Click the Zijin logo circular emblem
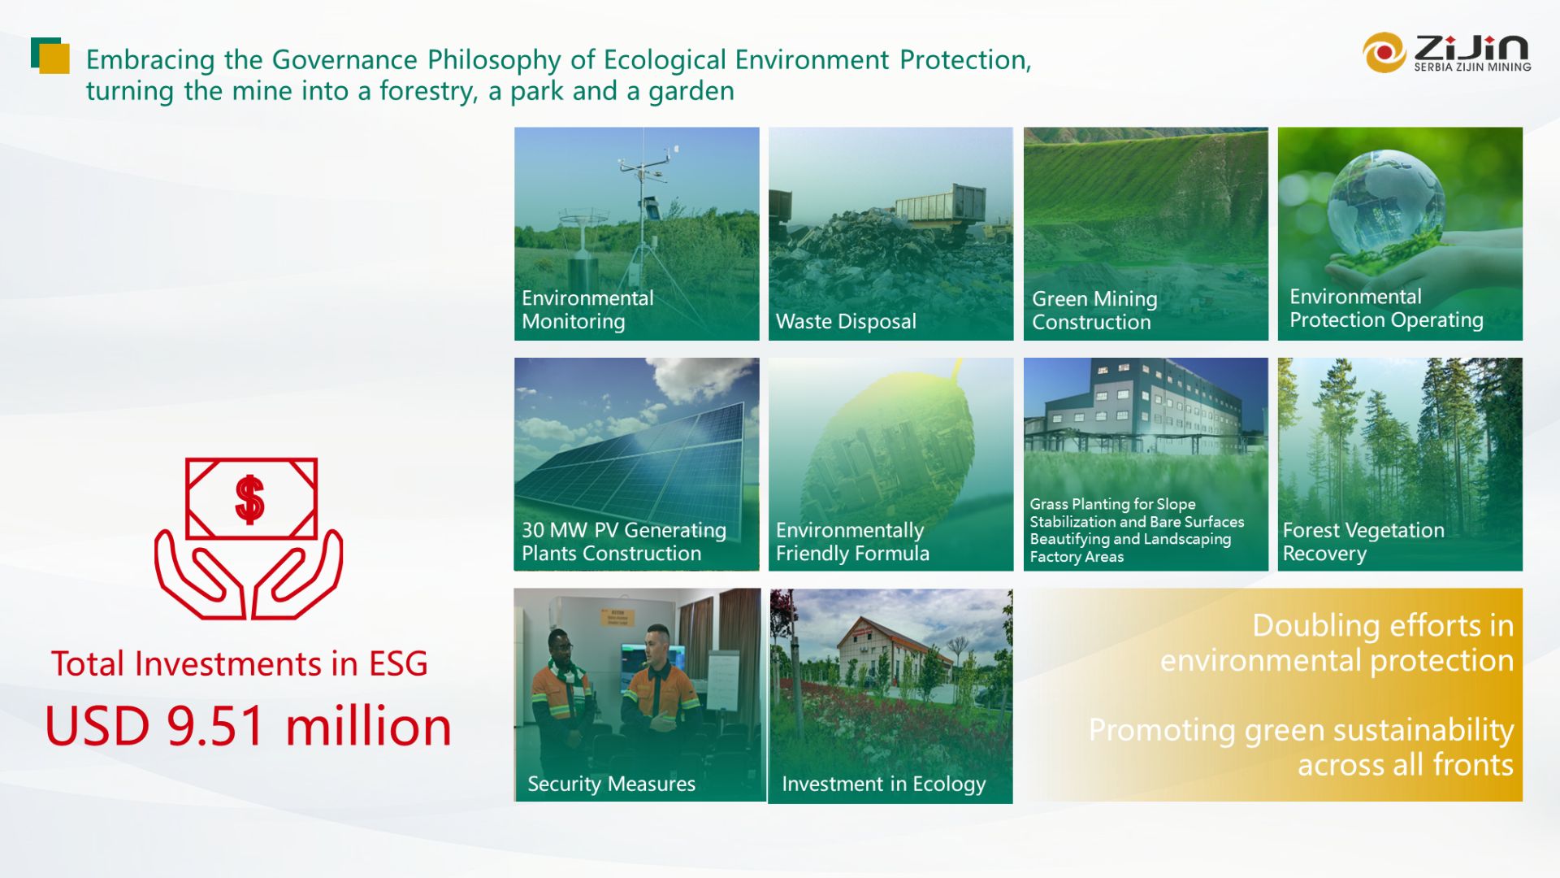pyautogui.click(x=1384, y=53)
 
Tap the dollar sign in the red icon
pyautogui.click(x=249, y=498)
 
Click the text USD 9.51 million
pyautogui.click(x=248, y=726)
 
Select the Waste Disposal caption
pyautogui.click(x=846, y=321)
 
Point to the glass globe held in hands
pyautogui.click(x=1385, y=203)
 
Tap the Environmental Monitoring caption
pyautogui.click(x=587, y=309)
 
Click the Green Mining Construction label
pyautogui.click(x=1094, y=311)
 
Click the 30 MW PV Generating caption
pyautogui.click(x=623, y=530)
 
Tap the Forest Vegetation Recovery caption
pyautogui.click(x=1363, y=541)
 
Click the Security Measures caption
pyautogui.click(x=611, y=784)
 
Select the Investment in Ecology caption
pyautogui.click(x=883, y=784)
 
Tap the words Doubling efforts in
pyautogui.click(x=1382, y=625)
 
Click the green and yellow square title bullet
pyautogui.click(x=50, y=55)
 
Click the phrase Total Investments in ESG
pyautogui.click(x=239, y=663)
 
